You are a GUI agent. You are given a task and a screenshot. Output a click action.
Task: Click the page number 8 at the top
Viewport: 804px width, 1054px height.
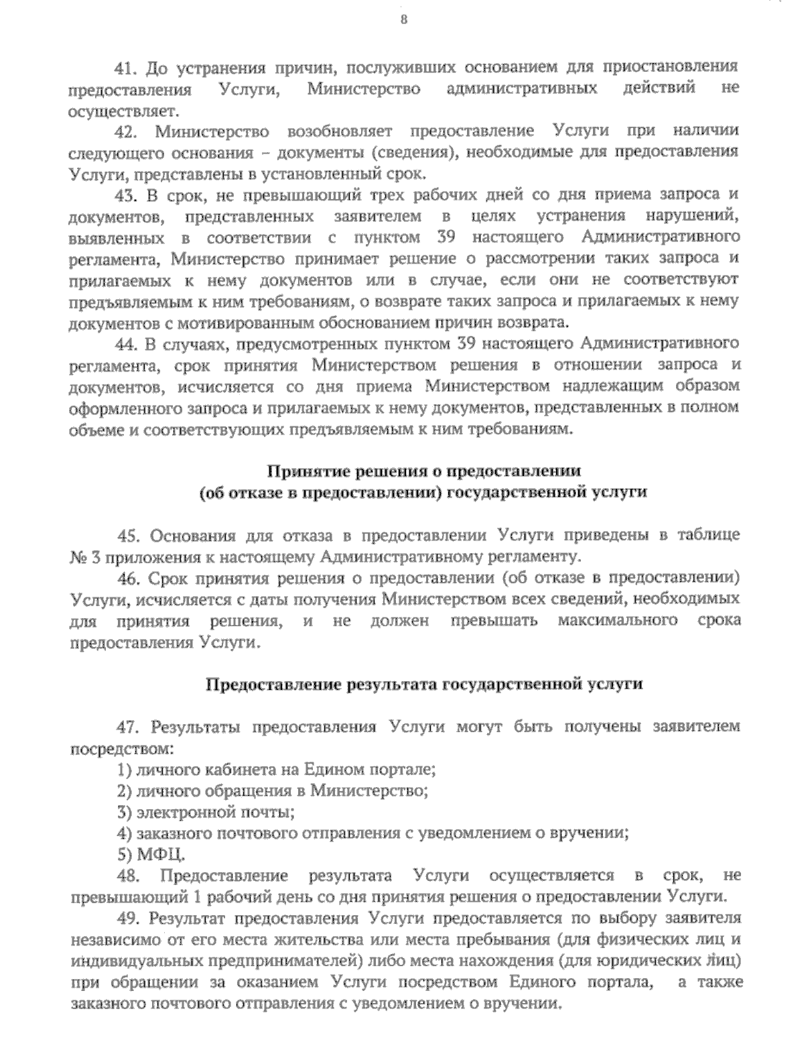click(x=403, y=19)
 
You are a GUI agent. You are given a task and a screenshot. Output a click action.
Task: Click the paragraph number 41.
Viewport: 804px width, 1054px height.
click(x=127, y=67)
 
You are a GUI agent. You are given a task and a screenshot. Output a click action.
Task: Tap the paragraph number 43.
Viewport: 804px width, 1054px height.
click(x=127, y=195)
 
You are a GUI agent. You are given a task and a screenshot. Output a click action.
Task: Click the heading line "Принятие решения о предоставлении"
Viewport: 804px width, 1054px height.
click(x=423, y=471)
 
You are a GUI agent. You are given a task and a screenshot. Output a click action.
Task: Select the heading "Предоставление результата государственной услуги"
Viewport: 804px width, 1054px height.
click(x=423, y=685)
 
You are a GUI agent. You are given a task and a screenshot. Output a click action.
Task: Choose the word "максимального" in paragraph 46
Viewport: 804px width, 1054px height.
click(x=618, y=620)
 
